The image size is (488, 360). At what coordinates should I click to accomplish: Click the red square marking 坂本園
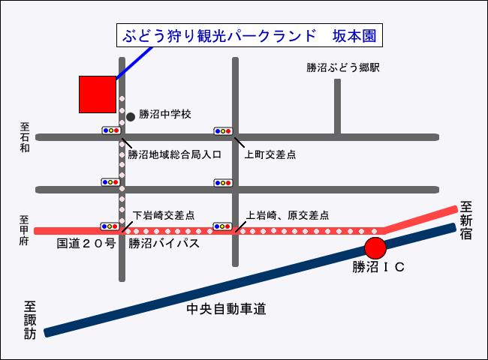(98, 94)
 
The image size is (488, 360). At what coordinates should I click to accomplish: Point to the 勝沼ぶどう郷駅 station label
(343, 67)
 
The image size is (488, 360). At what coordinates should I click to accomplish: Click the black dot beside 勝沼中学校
(130, 116)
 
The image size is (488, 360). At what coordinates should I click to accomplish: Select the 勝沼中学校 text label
(165, 115)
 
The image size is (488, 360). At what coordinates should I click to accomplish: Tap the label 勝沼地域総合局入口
(174, 155)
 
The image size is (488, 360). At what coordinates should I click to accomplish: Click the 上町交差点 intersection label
(270, 155)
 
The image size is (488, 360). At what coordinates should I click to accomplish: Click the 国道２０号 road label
(86, 244)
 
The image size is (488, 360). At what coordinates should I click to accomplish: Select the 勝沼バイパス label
(164, 244)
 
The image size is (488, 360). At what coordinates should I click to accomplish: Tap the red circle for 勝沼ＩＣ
(375, 247)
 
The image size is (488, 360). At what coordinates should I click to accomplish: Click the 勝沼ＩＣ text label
(378, 266)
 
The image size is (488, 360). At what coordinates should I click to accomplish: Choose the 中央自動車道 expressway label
(227, 309)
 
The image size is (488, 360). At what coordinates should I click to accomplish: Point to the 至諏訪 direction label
(30, 321)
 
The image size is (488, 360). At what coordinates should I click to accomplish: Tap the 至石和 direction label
(24, 137)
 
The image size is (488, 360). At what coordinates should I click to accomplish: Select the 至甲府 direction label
(24, 230)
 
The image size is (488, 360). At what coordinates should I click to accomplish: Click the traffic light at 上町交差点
(224, 130)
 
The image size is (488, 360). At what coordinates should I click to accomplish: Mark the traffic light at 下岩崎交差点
(111, 226)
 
